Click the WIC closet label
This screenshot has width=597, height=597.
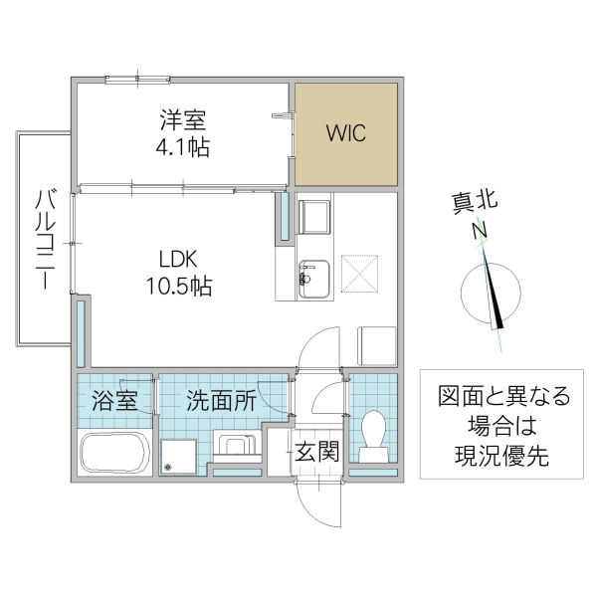345,132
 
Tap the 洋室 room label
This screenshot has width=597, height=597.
184,121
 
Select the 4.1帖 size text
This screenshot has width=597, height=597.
184,147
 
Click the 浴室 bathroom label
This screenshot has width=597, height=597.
115,402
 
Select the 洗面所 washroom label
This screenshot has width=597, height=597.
221,402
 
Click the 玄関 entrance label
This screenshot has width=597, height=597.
317,451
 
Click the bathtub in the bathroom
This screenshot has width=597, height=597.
114,454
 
